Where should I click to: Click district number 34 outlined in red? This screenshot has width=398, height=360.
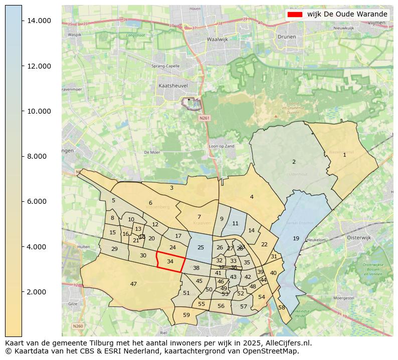[170, 261]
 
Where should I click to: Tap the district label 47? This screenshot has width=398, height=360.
[133, 284]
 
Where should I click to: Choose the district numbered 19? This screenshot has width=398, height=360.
[296, 238]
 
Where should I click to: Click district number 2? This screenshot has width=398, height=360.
[294, 162]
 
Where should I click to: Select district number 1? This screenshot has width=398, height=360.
[344, 155]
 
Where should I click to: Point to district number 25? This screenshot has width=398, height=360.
[201, 247]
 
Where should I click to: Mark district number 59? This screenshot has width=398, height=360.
[186, 315]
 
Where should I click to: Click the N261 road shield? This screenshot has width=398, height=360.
[203, 118]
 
